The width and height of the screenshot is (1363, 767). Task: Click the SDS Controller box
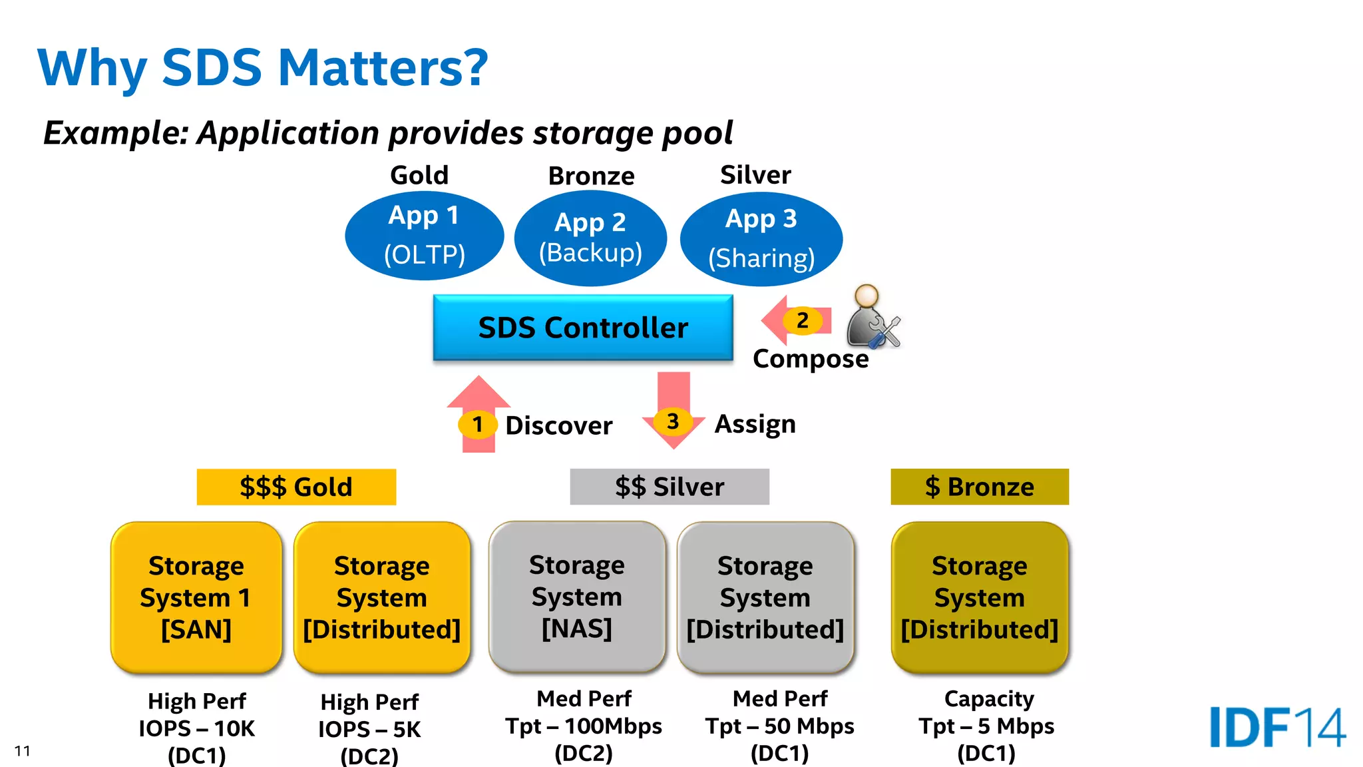tap(583, 328)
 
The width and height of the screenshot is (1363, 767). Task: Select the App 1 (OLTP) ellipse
tap(424, 236)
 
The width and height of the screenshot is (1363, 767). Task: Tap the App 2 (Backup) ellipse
tap(590, 238)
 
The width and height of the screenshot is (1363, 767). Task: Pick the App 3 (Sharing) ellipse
tap(761, 239)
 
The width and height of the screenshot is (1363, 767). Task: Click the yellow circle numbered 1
tap(477, 424)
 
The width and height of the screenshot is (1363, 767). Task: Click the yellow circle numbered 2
tap(803, 320)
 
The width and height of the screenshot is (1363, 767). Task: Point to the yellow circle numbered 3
tap(673, 421)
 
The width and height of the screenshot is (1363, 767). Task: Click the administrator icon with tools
tap(872, 318)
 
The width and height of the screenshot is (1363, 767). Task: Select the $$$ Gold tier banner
tap(296, 487)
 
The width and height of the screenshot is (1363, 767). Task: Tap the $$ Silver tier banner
tap(670, 487)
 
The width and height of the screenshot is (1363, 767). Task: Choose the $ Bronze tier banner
tap(980, 487)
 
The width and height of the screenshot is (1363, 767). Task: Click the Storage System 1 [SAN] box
tap(196, 597)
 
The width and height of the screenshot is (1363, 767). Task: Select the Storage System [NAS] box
tap(577, 597)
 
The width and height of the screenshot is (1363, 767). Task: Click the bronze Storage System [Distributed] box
tap(980, 597)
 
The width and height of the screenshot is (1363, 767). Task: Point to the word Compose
tap(811, 359)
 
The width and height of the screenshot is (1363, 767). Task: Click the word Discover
tap(558, 425)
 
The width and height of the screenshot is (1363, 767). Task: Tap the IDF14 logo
tap(1276, 727)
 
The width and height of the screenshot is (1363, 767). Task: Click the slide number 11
tap(22, 751)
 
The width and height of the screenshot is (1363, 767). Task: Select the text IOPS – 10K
tap(196, 728)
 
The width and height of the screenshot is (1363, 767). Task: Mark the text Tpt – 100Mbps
tap(583, 726)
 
